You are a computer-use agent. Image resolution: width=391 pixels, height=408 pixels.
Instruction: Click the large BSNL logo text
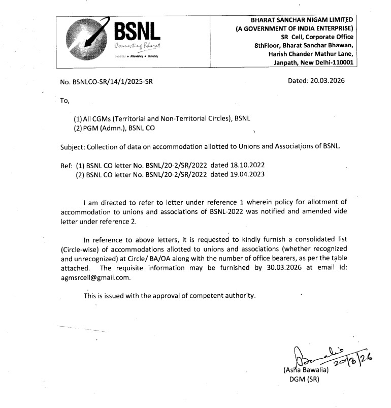click(x=138, y=33)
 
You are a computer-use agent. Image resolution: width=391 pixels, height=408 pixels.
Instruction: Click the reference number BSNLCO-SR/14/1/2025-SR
click(x=106, y=81)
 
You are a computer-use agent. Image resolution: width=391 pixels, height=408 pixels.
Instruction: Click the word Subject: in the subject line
click(x=73, y=147)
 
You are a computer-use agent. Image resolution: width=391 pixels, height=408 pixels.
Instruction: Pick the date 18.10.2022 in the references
click(x=247, y=166)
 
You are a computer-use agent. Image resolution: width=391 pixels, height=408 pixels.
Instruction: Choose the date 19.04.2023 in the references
click(x=247, y=175)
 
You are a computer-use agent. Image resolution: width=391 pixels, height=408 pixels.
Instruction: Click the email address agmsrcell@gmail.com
click(x=88, y=277)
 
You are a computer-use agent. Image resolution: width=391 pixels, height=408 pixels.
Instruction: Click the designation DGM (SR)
click(x=303, y=379)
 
